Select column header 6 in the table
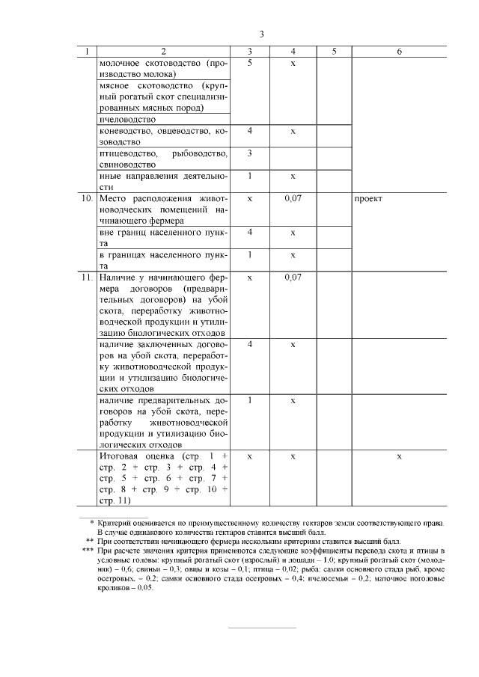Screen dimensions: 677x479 coord(399,52)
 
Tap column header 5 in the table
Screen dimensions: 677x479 coord(334,52)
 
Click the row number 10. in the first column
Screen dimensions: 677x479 coord(88,199)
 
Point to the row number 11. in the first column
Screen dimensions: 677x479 coord(88,278)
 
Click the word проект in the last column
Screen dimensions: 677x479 coord(369,199)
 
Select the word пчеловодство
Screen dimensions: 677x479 coord(126,119)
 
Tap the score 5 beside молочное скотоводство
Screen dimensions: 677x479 coord(249,64)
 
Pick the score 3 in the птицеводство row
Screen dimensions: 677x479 coord(249,153)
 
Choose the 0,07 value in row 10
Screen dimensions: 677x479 coord(293,199)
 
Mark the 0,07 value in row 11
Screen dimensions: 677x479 coord(293,278)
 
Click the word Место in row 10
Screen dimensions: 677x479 coord(115,199)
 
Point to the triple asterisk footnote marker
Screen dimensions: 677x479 coord(87,550)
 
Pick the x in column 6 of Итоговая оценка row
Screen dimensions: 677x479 coord(399,456)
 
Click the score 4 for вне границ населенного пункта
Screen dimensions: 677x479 coord(249,233)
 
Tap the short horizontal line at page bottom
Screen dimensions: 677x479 coord(261,628)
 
